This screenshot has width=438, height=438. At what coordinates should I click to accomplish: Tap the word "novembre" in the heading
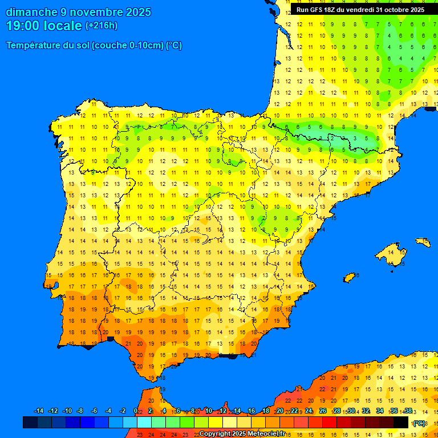click(91, 12)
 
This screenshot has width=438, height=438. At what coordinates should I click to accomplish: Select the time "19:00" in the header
click(22, 26)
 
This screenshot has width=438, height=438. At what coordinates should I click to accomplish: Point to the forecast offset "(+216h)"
click(101, 26)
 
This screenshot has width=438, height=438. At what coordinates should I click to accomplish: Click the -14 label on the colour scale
click(39, 411)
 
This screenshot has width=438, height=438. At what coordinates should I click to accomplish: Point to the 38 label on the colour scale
click(408, 411)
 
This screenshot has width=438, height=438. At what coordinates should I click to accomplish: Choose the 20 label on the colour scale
click(279, 411)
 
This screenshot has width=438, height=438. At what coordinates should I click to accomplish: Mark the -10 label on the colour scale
click(67, 411)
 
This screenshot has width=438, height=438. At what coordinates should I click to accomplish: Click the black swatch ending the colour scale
click(401, 422)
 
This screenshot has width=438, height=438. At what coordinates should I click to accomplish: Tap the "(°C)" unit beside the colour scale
click(419, 423)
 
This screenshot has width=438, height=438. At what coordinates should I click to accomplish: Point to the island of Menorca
click(423, 242)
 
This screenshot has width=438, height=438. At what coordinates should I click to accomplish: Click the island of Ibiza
click(350, 277)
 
